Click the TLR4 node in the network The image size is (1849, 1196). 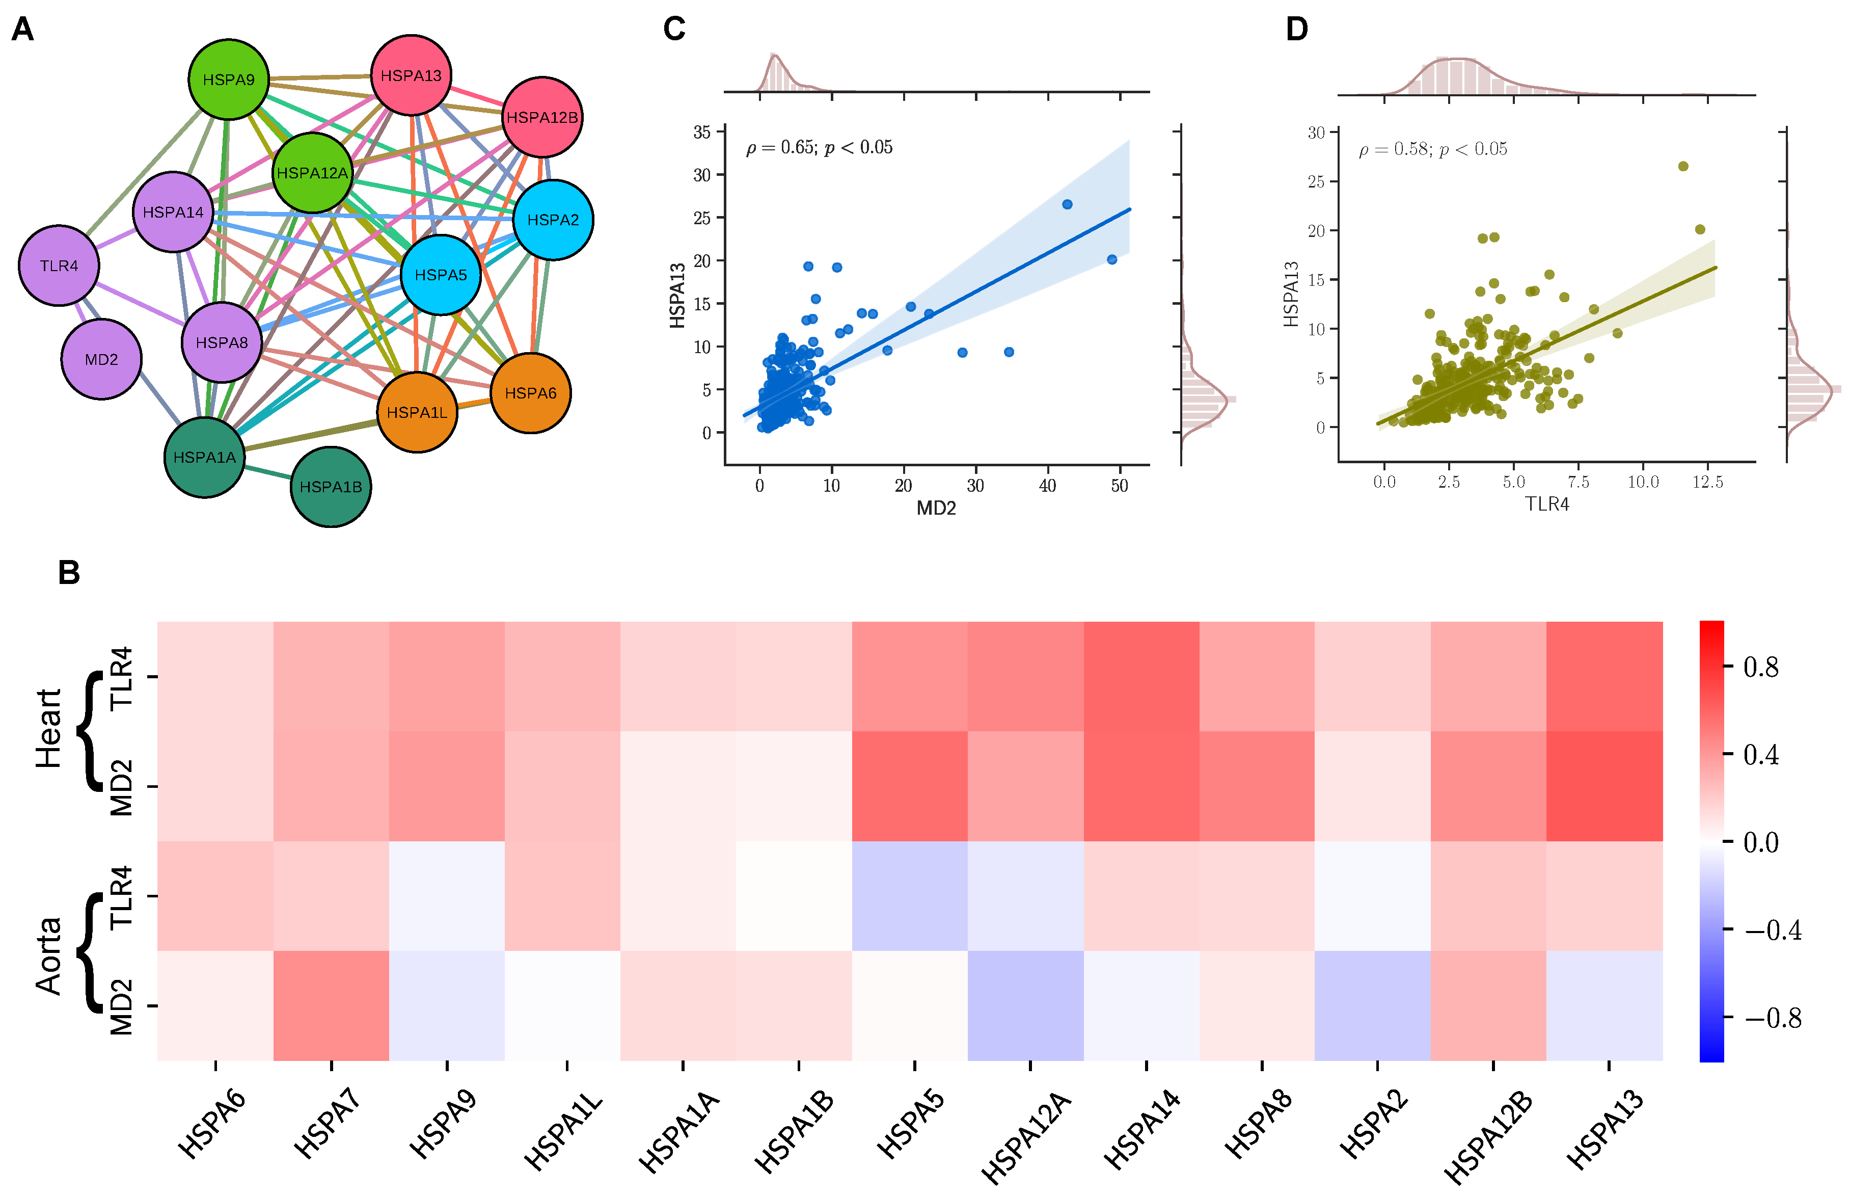(59, 265)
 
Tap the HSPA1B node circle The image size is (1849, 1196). (331, 487)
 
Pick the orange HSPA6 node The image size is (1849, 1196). (530, 393)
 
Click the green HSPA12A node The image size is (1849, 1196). (312, 172)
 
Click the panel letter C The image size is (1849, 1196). (674, 30)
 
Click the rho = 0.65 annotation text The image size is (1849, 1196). (819, 148)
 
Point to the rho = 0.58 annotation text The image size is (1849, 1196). (1433, 149)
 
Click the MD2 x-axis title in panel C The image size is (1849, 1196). (936, 509)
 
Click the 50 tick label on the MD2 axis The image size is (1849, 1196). (1120, 486)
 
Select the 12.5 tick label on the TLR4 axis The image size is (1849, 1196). (1708, 482)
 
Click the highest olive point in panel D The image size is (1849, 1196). (1683, 166)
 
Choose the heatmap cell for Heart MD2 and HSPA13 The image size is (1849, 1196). (1605, 786)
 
